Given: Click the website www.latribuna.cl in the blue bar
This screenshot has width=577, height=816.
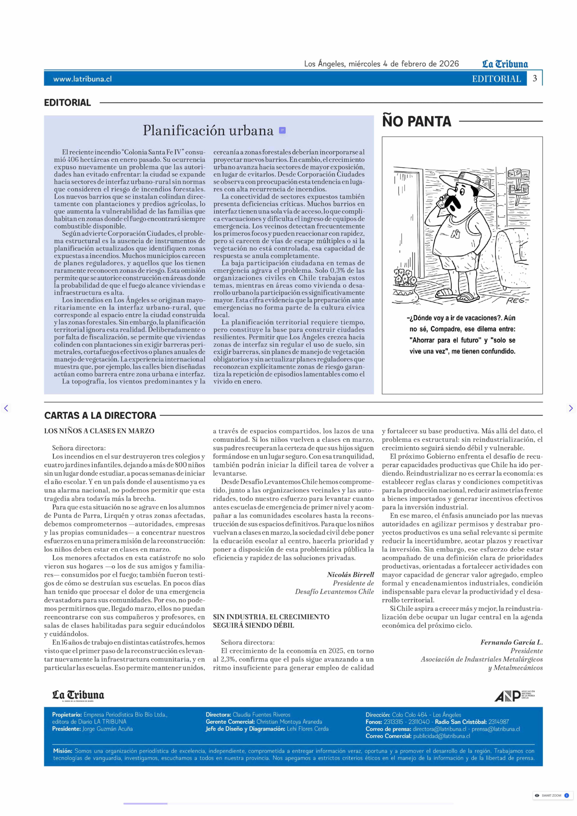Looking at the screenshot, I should click(x=82, y=79).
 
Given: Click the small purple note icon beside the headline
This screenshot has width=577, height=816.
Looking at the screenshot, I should click(x=282, y=130).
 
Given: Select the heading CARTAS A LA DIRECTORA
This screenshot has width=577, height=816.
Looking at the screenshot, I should click(x=100, y=415).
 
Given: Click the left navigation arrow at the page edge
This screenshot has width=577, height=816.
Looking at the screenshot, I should click(x=6, y=408).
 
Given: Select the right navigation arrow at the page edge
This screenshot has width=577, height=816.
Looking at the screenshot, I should click(x=571, y=408).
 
